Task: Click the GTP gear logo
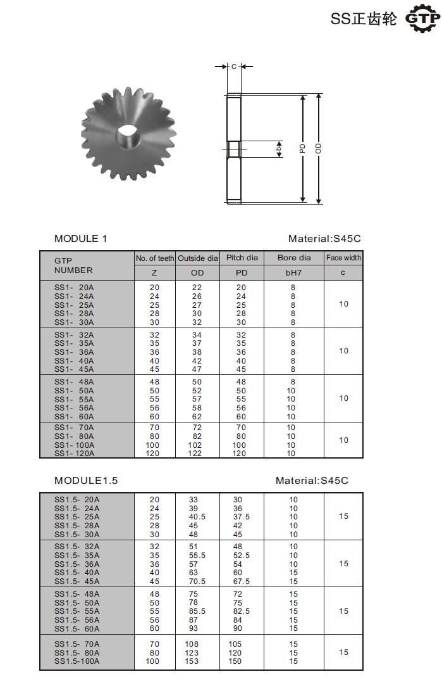422,18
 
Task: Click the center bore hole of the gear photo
127,134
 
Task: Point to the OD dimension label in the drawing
319,148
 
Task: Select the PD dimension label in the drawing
303,148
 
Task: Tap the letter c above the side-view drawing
233,66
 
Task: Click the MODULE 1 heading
81,239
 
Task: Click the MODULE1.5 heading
86,481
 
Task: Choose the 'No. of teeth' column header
155,258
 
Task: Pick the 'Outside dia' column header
198,258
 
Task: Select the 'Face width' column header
344,258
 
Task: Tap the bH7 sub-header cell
294,273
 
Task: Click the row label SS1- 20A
74,288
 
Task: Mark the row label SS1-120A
74,454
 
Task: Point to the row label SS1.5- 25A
77,517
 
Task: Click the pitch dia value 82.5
241,611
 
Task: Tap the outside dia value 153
191,661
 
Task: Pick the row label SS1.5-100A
77,661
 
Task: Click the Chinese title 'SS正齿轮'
364,19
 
